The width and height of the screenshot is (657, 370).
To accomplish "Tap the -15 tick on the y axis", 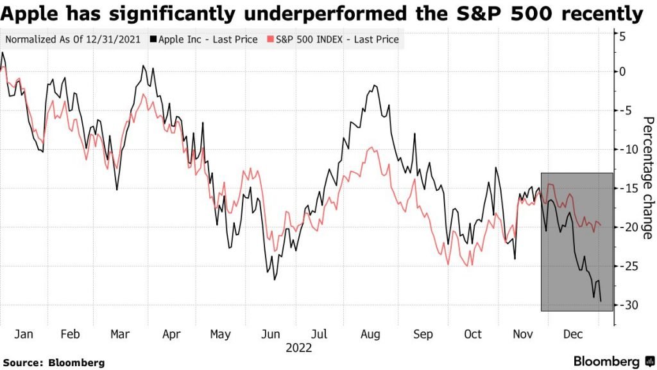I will click(x=626, y=188).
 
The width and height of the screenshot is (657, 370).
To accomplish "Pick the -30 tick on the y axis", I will click(x=626, y=304).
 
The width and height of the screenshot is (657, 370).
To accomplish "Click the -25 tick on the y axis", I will click(x=626, y=266).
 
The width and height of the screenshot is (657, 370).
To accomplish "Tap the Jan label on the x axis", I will click(x=23, y=335).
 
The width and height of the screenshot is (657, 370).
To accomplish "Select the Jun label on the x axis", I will click(x=271, y=335).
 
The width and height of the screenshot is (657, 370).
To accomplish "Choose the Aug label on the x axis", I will click(x=371, y=335).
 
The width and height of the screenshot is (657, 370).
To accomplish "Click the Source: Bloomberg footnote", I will click(x=53, y=363).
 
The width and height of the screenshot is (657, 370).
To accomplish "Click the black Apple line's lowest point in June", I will click(x=275, y=279).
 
